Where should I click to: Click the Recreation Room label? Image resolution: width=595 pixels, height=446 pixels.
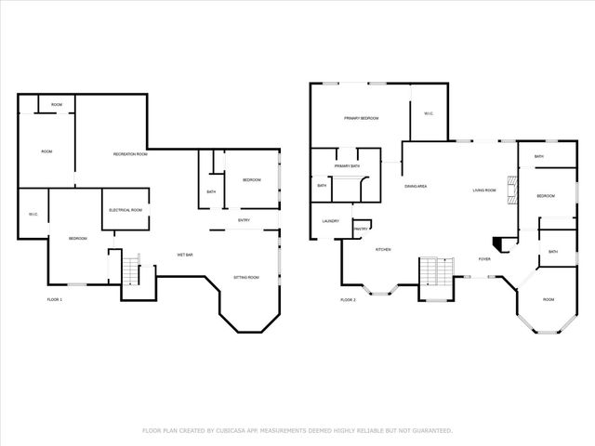pos(130,153)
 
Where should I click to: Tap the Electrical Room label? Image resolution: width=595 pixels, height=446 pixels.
pos(125,210)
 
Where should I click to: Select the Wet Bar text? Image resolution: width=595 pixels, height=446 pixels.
pos(185,255)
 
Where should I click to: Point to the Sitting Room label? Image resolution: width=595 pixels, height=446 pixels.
pos(246,278)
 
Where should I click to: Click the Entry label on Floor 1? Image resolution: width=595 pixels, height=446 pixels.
pos(244,220)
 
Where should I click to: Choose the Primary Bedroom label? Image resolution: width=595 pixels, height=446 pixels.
pos(360,118)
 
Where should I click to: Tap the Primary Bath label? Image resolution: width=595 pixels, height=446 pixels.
pos(348,165)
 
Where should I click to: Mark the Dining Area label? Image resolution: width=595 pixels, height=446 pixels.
pos(416,187)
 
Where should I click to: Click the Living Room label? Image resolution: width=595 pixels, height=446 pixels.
pos(483,190)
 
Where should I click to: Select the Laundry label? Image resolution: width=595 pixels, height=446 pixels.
pos(330,221)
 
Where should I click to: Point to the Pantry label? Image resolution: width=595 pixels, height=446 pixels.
pos(362,229)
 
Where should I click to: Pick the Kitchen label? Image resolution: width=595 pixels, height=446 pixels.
pos(382,250)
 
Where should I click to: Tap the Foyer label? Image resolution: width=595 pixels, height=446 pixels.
pos(484,258)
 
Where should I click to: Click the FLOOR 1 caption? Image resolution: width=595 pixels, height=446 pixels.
pos(55,299)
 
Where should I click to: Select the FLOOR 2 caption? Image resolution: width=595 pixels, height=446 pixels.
pos(348,299)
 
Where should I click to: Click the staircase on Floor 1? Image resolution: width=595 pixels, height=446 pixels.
pos(129,269)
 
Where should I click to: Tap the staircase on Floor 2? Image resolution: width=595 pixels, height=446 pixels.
pos(433,272)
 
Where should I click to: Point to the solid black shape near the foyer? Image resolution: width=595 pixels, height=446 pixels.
pos(500,243)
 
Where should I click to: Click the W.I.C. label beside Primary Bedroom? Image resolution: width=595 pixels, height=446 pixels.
pos(429,114)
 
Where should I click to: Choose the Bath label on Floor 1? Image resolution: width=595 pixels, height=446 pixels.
pos(212,192)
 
